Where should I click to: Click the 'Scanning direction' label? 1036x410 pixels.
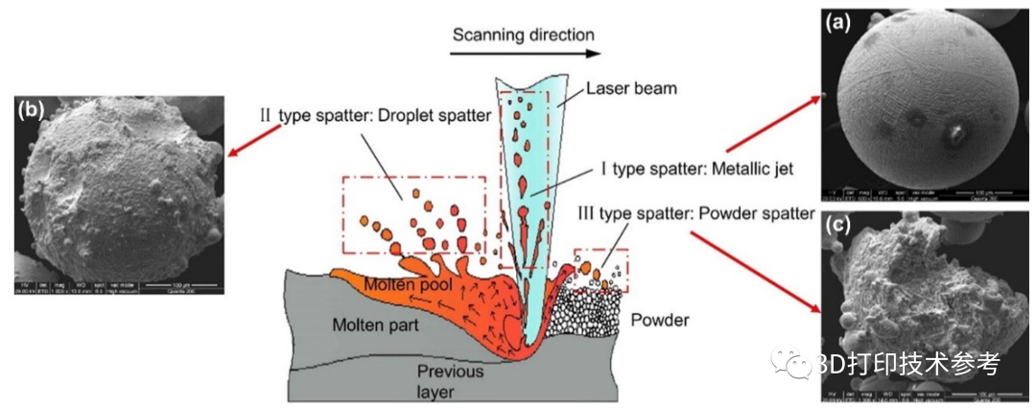coord(524,35)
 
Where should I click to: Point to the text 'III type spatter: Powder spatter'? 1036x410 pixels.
coord(695,213)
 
